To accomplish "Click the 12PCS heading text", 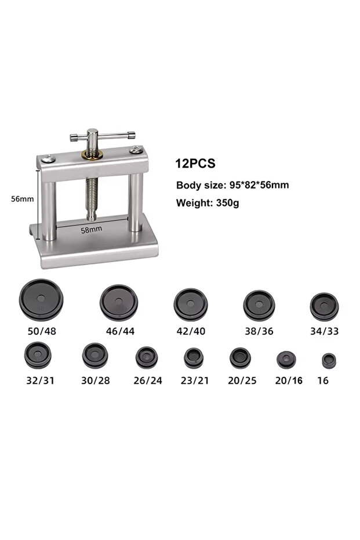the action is tap(195, 163).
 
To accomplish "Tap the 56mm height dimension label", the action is tap(23, 199).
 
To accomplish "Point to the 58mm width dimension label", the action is tap(92, 229).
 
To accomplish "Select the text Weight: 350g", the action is tap(208, 203).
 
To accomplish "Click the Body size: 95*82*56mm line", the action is tap(232, 185).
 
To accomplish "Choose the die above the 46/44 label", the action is tap(119, 302).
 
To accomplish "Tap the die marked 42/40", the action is tap(191, 305).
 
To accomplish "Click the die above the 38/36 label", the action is tap(259, 305).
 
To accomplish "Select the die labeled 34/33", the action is tap(324, 306).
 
